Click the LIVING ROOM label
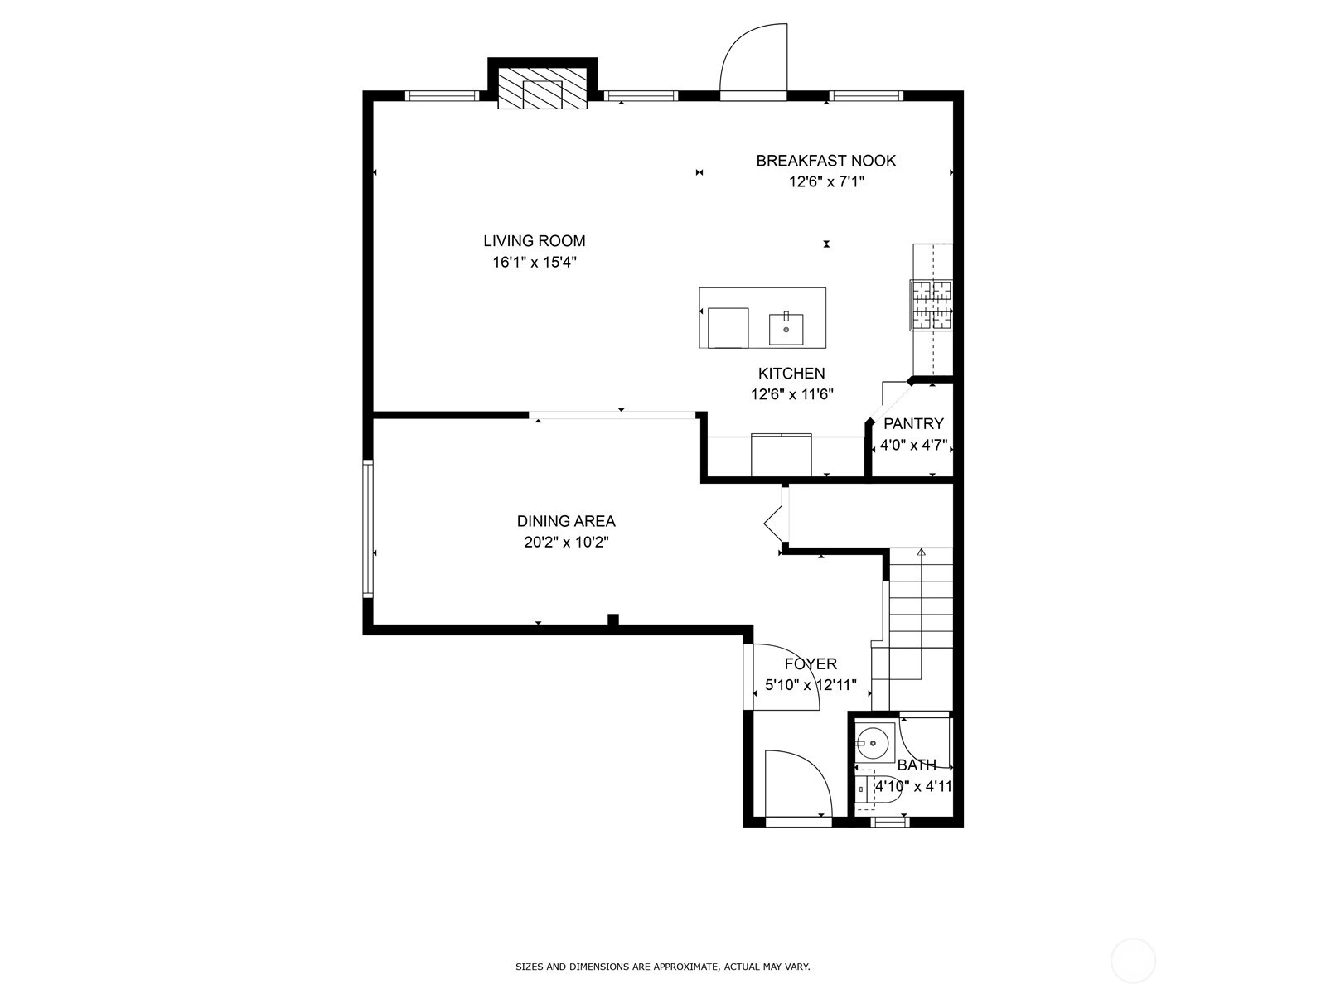[x=534, y=241]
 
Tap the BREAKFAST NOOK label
[x=825, y=161]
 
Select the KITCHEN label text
[x=791, y=373]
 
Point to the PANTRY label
[x=912, y=423]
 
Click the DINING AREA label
[x=566, y=521]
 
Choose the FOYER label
[x=811, y=663]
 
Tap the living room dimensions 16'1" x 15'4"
[x=535, y=262]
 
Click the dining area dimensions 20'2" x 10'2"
[x=566, y=542]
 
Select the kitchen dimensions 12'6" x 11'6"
[x=792, y=394]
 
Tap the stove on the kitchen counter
[x=931, y=306]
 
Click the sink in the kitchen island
[x=786, y=329]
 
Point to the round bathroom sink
[x=873, y=743]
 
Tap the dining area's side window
[x=368, y=528]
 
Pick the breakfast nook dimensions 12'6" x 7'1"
[x=826, y=181]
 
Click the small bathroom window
[x=889, y=821]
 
